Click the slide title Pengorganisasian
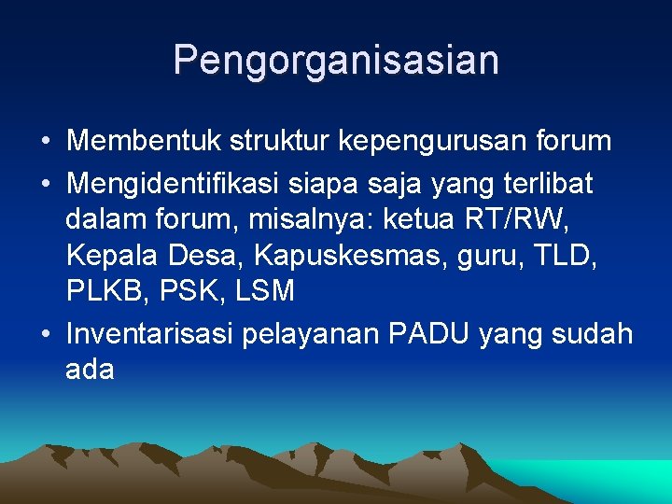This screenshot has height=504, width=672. [x=336, y=61]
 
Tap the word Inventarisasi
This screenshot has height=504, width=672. [x=150, y=333]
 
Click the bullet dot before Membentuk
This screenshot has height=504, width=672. [x=45, y=143]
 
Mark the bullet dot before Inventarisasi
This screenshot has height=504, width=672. [x=45, y=334]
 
